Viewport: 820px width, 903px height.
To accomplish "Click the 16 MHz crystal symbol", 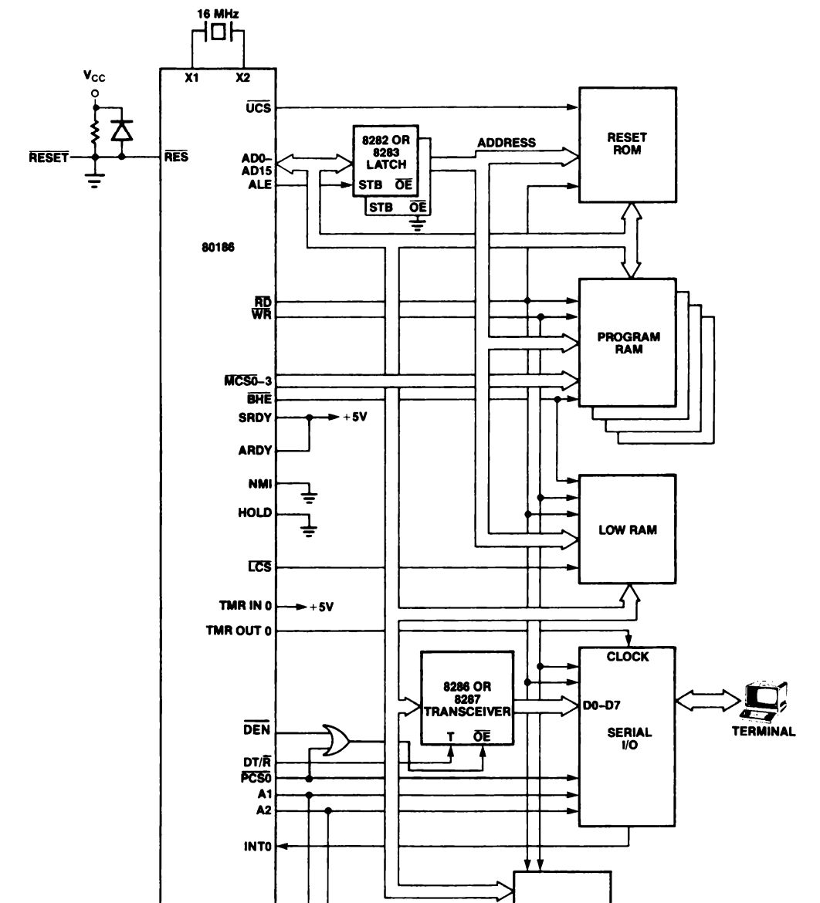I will coord(219,32).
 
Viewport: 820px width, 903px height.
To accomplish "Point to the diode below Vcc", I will coord(121,131).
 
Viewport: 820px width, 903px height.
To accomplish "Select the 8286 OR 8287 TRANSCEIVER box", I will coord(467,698).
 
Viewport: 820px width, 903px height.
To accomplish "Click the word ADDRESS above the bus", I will coord(507,143).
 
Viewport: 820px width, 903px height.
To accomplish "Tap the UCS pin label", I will coord(258,108).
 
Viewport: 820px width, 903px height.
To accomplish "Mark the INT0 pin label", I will coord(258,846).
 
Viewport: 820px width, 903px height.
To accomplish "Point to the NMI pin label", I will coord(260,484).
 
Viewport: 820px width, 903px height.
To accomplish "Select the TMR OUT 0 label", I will coord(239,631).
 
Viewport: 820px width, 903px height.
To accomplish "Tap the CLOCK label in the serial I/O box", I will coord(628,657).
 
